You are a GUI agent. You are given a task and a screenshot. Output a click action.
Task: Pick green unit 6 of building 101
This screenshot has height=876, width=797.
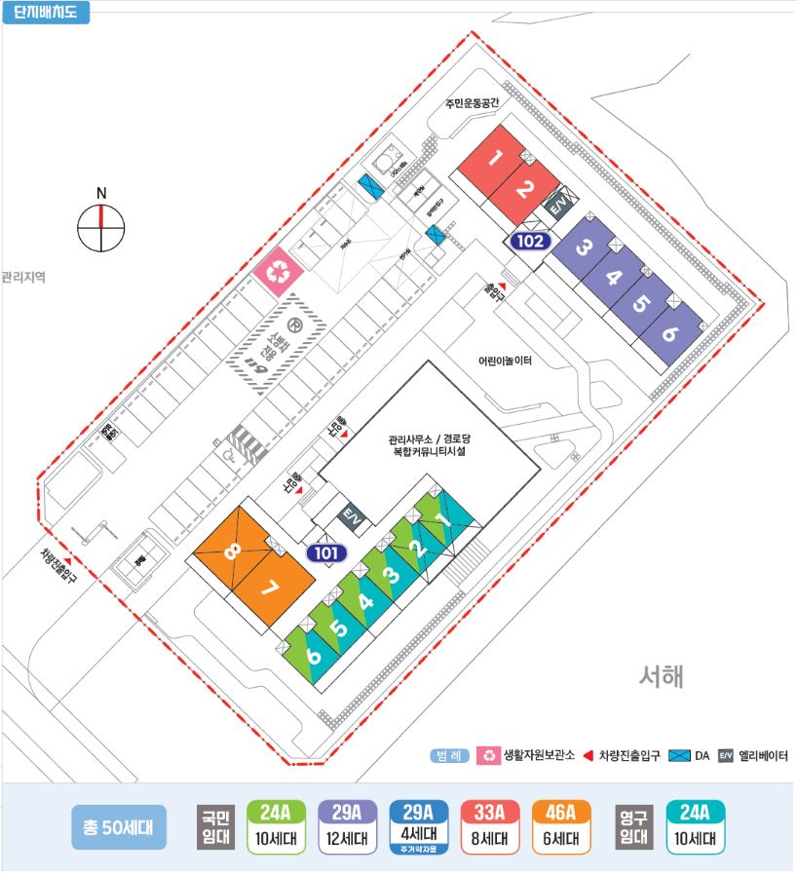point(314,655)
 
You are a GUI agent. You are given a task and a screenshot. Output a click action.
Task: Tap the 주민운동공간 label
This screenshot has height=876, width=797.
point(472,102)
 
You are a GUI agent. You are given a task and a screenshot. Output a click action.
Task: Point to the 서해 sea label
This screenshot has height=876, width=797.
point(662,675)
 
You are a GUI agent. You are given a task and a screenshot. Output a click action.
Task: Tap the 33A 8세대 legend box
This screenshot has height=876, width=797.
point(490,826)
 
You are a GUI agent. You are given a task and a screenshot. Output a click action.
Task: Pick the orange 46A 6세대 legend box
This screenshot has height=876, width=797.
point(562,826)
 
